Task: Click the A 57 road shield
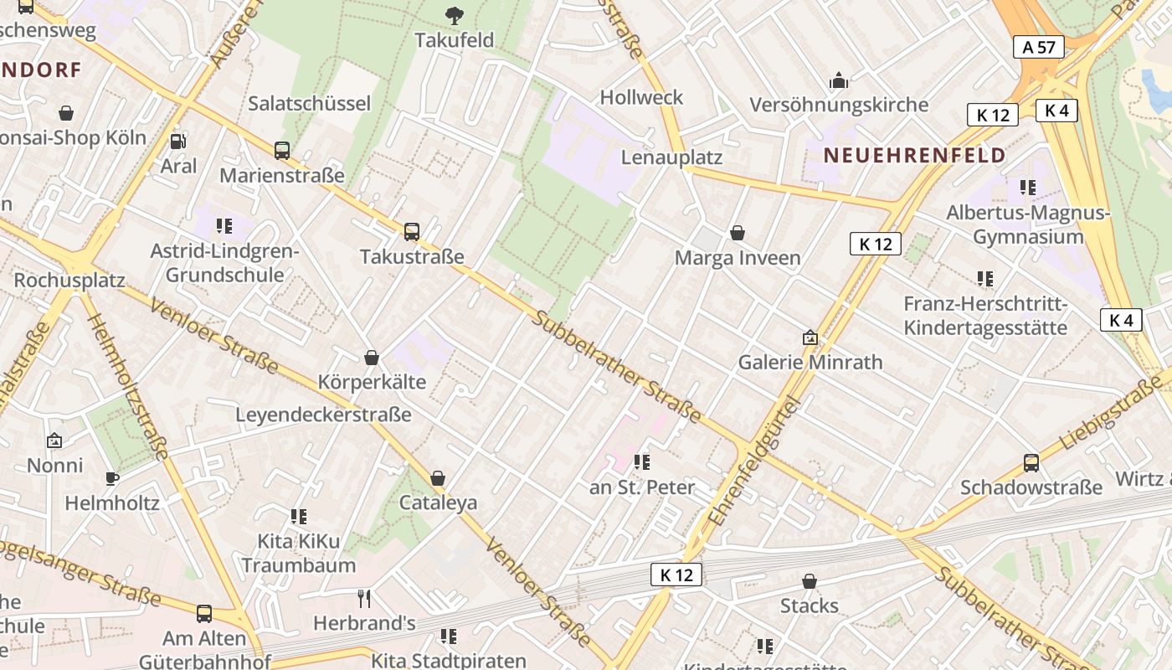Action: (1039, 47)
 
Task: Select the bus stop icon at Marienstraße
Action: (282, 151)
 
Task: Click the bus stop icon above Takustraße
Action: (411, 232)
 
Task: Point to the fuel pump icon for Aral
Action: (177, 142)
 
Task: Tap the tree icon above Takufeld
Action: (455, 14)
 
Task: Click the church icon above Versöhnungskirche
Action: (838, 80)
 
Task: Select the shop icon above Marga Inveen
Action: (738, 233)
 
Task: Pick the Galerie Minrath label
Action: (810, 362)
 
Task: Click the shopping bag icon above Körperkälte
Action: (372, 358)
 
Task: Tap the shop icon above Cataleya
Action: (437, 478)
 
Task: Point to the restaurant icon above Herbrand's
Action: (364, 598)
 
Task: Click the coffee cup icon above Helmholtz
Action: (112, 478)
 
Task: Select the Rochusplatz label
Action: (69, 280)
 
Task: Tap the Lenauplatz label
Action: (671, 157)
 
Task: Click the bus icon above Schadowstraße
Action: (1031, 462)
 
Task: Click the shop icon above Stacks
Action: (810, 580)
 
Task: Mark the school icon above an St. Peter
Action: (642, 461)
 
